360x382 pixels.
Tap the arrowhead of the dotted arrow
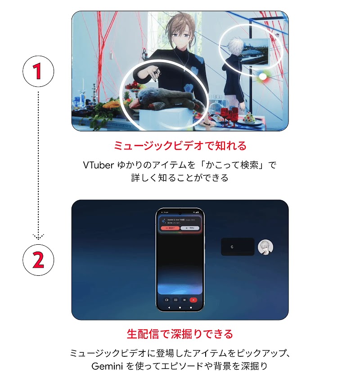(38, 236)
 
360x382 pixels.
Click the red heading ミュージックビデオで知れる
(180, 146)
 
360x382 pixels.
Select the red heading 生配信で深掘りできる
(180, 334)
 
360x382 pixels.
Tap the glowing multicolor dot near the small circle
(262, 77)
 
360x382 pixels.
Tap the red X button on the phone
(193, 300)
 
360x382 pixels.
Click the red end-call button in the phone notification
(170, 228)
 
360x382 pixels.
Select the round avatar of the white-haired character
(265, 247)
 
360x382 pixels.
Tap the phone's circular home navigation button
(180, 307)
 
